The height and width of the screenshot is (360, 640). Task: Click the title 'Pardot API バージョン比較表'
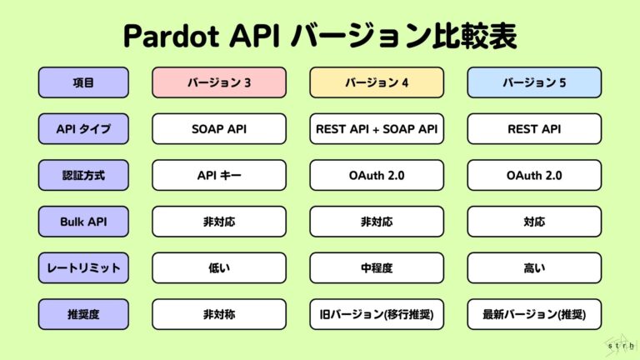click(x=320, y=37)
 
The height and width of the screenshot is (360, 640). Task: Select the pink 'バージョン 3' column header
click(x=218, y=82)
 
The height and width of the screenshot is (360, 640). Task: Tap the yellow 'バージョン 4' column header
click(x=376, y=82)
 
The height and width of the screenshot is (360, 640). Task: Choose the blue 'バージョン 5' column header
click(x=533, y=82)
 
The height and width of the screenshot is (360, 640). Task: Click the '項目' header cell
click(x=83, y=82)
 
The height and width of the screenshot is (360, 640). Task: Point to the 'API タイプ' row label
click(x=83, y=129)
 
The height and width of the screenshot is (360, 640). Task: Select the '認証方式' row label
click(x=83, y=175)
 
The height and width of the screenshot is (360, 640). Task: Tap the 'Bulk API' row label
click(x=83, y=222)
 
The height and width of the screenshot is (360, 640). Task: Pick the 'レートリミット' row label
click(x=83, y=267)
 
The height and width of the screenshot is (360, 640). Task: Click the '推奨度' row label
click(x=83, y=314)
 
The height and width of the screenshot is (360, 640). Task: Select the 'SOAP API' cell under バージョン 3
click(x=218, y=129)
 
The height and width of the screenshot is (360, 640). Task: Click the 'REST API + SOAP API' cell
click(x=376, y=129)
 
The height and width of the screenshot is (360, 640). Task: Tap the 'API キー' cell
click(x=218, y=175)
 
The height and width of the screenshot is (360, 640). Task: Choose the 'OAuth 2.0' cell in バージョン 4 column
click(x=376, y=175)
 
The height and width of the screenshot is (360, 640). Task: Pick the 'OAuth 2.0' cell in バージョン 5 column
click(x=533, y=175)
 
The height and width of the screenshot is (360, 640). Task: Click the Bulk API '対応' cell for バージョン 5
click(x=533, y=222)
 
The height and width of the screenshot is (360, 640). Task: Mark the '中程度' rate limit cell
click(x=376, y=267)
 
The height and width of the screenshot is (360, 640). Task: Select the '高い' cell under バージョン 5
click(x=533, y=267)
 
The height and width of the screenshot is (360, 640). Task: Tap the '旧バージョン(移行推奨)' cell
click(x=376, y=314)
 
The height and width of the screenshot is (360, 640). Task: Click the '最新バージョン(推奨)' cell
click(x=533, y=314)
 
